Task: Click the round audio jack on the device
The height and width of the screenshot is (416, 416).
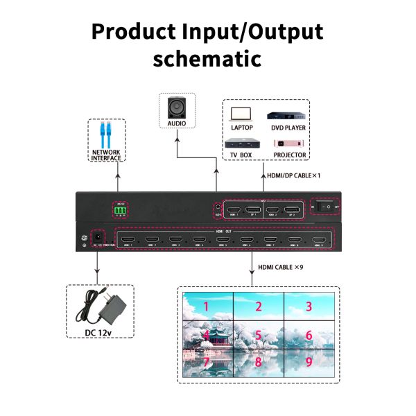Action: (x=219, y=207)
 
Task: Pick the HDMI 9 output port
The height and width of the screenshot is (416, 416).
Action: (x=318, y=242)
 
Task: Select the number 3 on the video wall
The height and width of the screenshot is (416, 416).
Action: (x=309, y=306)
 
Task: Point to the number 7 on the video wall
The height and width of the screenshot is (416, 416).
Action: (x=207, y=362)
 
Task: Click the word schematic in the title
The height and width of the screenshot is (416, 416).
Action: (x=207, y=58)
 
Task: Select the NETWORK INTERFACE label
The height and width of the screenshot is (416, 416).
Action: (x=107, y=155)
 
